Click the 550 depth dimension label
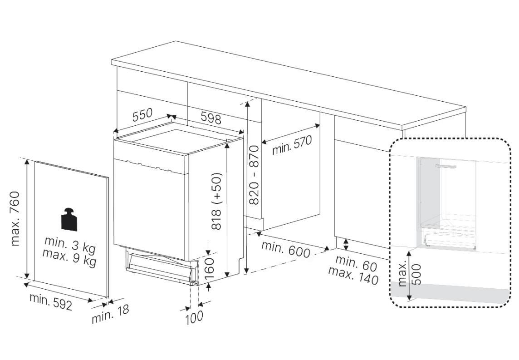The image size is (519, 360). tap(142, 115)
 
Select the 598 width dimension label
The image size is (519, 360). tap(211, 118)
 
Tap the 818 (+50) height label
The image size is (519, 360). tap(216, 202)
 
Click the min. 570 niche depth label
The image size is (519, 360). tap(292, 145)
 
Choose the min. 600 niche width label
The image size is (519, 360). tap(286, 249)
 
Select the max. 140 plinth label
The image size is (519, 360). tap(353, 276)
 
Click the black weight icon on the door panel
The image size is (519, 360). tap(69, 219)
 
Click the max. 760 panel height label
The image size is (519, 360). tap(15, 218)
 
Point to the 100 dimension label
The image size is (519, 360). tap(194, 318)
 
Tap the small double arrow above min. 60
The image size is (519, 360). tap(346, 245)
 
